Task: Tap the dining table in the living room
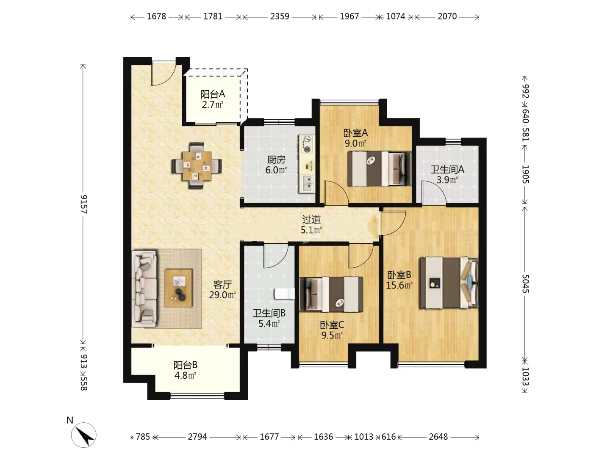tap(197, 166)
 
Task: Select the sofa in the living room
tap(144, 289)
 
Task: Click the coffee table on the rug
tap(178, 288)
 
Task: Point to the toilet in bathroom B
tap(284, 294)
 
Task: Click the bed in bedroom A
tap(379, 169)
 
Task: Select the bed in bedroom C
tap(332, 294)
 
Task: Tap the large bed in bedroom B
tap(449, 283)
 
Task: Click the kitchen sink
tap(307, 183)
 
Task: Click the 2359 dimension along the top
tap(280, 17)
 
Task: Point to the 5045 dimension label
tap(525, 284)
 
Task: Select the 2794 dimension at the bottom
tap(197, 437)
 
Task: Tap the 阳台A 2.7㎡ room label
tap(213, 99)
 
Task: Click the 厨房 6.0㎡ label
tap(276, 165)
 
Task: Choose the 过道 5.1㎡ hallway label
tap(311, 225)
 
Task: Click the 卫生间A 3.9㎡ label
tap(447, 174)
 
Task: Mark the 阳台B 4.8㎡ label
tap(186, 370)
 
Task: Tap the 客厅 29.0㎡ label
tap(222, 290)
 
